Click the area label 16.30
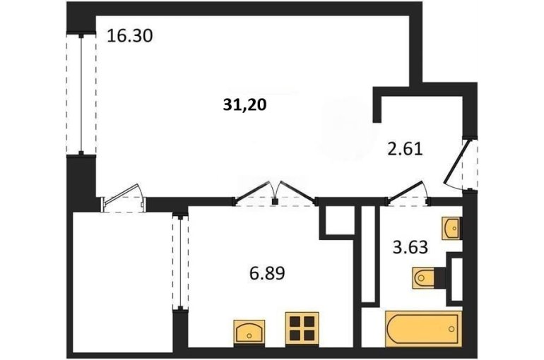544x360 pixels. (x=130, y=36)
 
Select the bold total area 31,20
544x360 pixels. (x=244, y=104)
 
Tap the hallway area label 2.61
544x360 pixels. (x=405, y=150)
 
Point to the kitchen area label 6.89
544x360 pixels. (x=267, y=273)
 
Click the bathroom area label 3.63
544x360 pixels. (x=410, y=247)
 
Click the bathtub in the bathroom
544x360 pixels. (x=424, y=328)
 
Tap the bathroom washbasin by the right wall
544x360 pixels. (x=451, y=228)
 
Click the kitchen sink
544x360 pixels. (x=249, y=332)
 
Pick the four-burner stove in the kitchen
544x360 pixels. (x=302, y=328)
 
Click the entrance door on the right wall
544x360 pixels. (x=457, y=163)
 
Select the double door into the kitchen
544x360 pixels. (x=276, y=195)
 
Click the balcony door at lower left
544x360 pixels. (x=123, y=198)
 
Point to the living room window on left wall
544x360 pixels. (x=81, y=95)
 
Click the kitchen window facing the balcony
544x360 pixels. (x=180, y=263)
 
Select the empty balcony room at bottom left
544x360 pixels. (x=122, y=282)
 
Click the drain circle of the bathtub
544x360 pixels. (x=451, y=328)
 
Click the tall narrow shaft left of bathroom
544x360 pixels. (x=369, y=254)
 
